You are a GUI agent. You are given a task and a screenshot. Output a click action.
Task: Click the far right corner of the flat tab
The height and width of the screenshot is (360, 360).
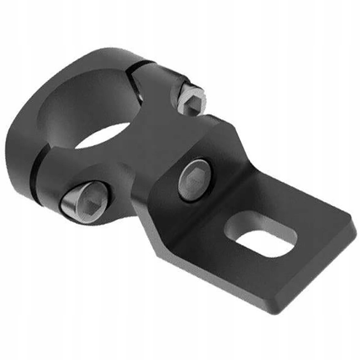pyautogui.click(x=353, y=232)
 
